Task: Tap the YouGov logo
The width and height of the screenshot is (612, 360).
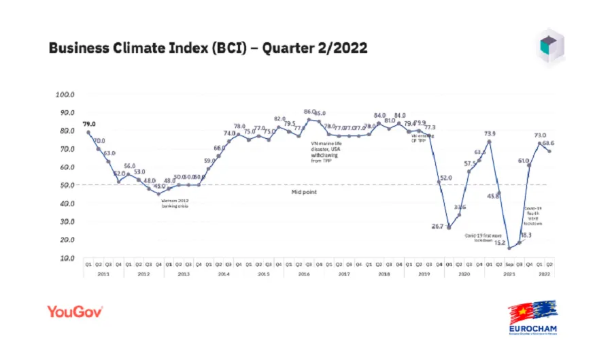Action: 75,312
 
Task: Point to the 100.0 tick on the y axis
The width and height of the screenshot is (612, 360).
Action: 65,94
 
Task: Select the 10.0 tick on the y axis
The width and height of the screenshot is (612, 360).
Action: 65,259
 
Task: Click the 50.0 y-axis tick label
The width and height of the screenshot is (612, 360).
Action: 65,185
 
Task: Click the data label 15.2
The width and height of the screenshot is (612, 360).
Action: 499,242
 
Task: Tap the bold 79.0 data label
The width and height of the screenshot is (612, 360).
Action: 89,124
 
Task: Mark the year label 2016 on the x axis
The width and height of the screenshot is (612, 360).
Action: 304,273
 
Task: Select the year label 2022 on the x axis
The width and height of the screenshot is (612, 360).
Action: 544,273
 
